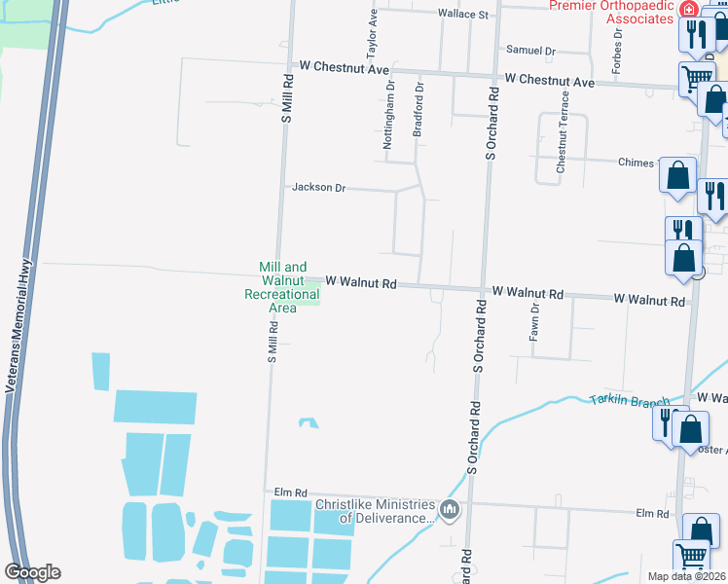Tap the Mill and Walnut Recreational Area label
[282, 287]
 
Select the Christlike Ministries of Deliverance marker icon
[450, 510]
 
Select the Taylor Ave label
[372, 39]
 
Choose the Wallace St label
[462, 15]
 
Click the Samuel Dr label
[530, 51]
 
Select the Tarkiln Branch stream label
[630, 401]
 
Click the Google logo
[33, 572]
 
